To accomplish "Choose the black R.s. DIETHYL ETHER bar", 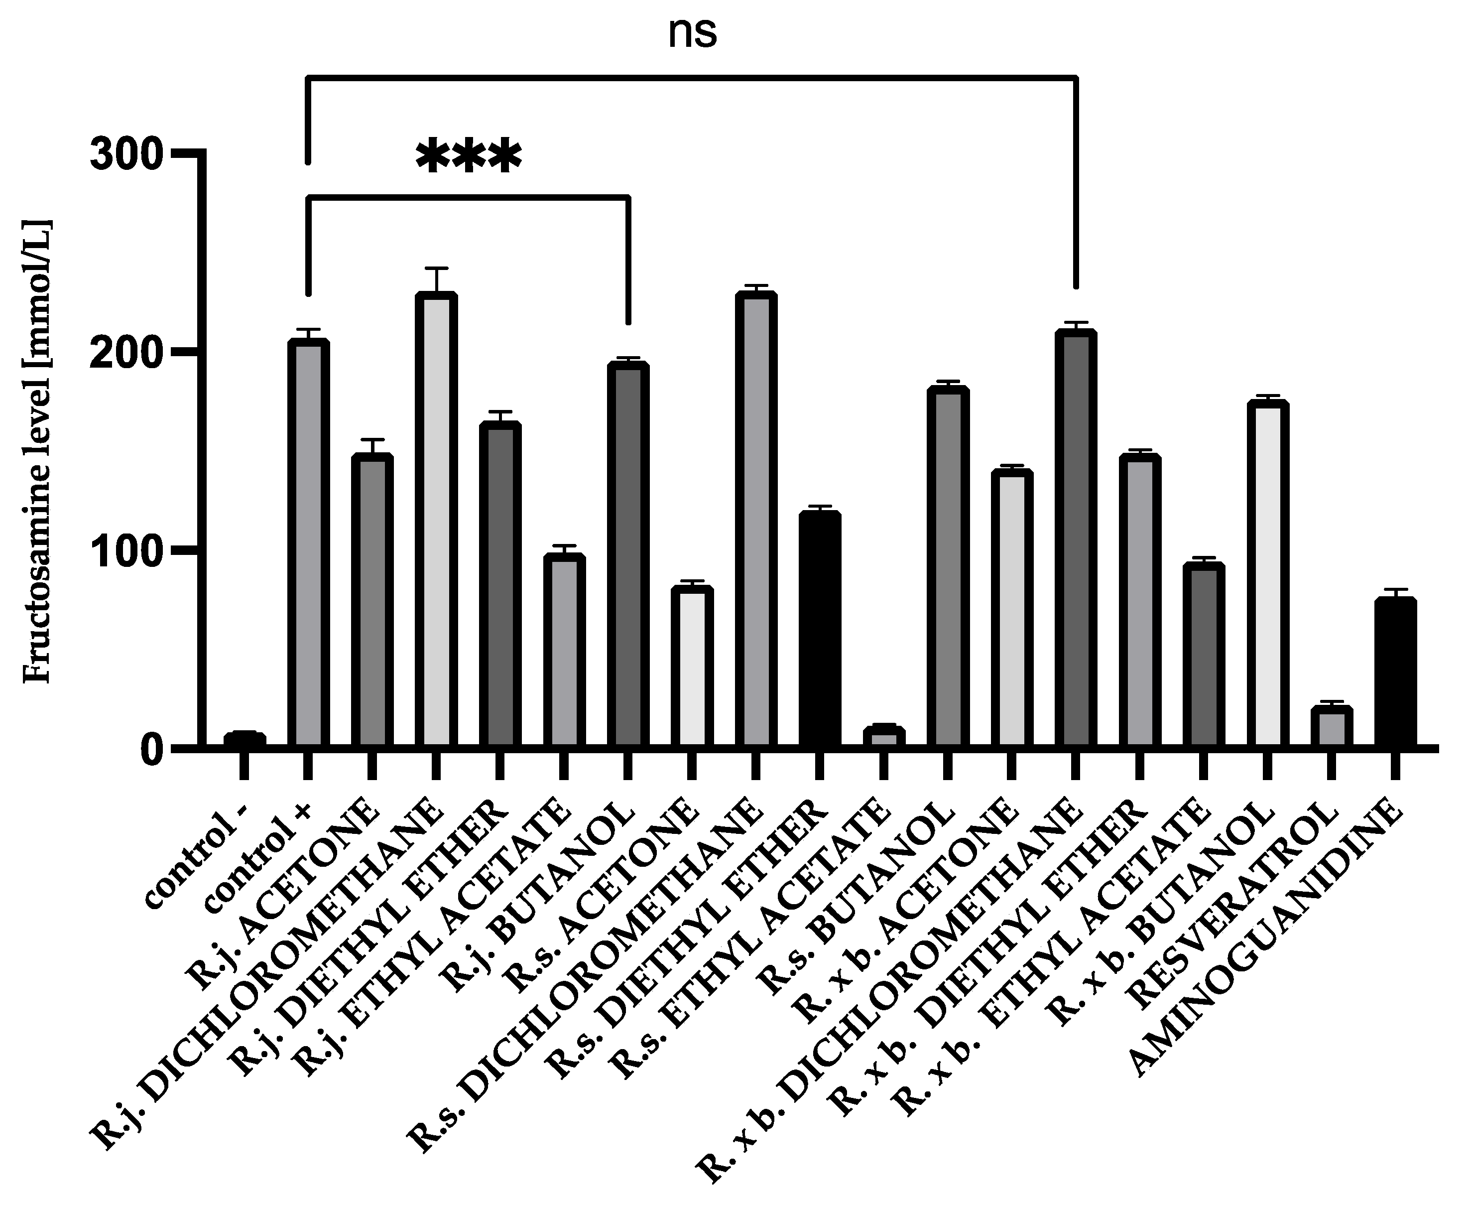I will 820,629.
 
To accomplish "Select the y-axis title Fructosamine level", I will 38,451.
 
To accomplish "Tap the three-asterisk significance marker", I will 468,156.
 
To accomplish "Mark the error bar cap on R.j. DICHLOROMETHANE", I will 436,268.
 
